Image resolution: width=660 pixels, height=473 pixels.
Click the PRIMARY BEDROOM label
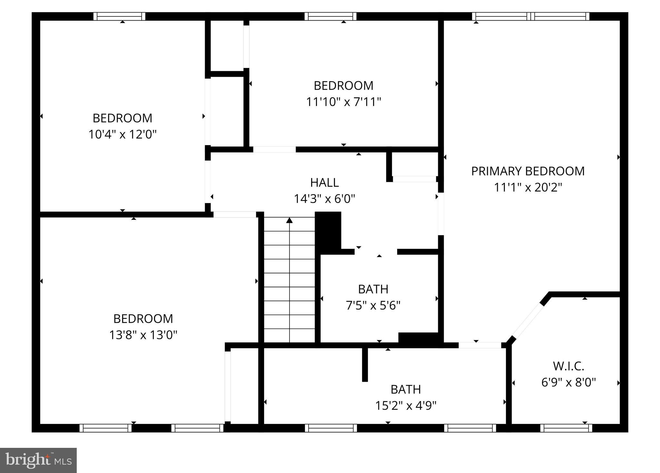(528, 171)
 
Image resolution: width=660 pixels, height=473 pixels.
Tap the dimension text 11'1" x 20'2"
(528, 187)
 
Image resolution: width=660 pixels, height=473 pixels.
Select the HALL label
(324, 183)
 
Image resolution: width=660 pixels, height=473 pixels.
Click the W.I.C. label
(568, 366)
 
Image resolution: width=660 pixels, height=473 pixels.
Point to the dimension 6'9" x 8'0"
(568, 382)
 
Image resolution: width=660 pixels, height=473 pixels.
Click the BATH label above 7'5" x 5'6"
(373, 289)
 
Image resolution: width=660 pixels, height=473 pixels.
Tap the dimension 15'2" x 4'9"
(406, 406)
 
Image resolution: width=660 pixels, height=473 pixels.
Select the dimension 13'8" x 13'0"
(143, 335)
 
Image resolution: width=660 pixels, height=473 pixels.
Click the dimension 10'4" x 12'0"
(123, 134)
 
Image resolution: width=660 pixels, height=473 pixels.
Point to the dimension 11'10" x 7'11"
(343, 102)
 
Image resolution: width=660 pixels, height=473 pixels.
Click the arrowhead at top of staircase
(290, 220)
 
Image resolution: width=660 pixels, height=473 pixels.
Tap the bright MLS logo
(38, 460)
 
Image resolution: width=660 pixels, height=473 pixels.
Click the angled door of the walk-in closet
(528, 321)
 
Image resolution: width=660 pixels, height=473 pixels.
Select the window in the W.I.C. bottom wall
(566, 428)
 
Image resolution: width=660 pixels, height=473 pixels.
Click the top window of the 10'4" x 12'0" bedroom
(119, 16)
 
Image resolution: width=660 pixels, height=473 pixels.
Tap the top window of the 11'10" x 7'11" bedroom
(330, 16)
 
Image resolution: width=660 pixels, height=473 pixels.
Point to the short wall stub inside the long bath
(365, 364)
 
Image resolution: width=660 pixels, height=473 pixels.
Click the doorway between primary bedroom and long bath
(480, 345)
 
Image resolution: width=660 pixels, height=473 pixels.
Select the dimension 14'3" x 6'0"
(324, 199)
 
